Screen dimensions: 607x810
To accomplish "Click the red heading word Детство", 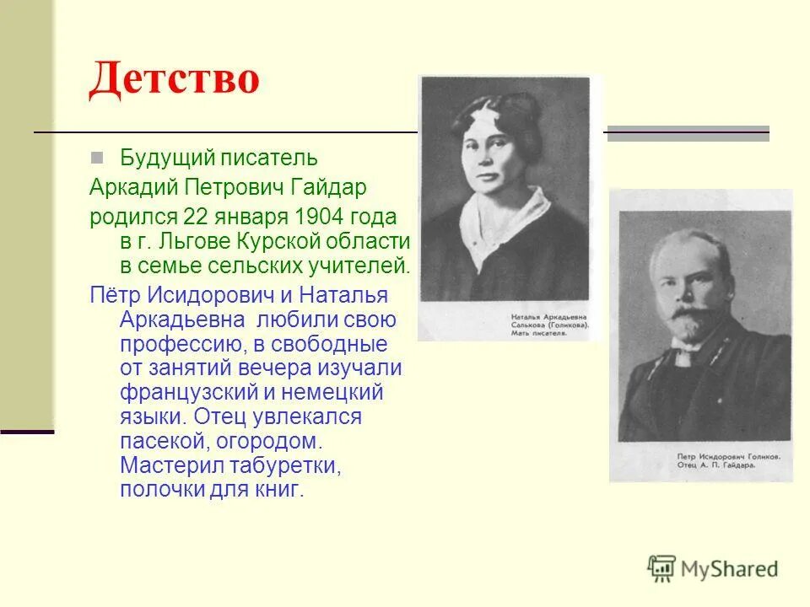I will pyautogui.click(x=174, y=79).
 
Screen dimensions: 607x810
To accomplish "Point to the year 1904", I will pyautogui.click(x=315, y=217).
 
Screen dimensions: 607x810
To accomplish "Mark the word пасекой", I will pyautogui.click(x=162, y=441).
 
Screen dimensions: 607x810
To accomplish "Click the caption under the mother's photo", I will pyautogui.click(x=548, y=325).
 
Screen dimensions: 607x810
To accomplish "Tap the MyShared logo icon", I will pyautogui.click(x=662, y=568).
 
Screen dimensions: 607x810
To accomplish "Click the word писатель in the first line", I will pyautogui.click(x=270, y=157).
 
